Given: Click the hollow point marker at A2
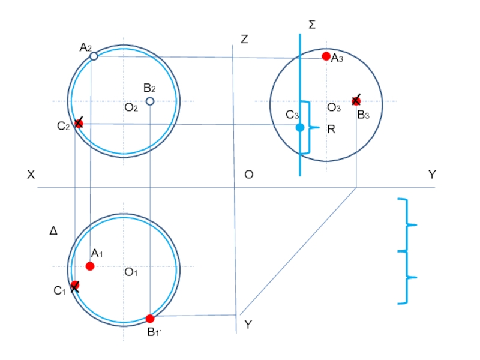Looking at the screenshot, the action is point(94,56).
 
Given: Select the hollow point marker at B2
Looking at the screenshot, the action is point(149,101).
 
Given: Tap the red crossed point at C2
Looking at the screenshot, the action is point(79,123).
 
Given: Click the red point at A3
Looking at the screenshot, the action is point(326,56).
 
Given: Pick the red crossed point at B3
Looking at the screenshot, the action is point(356,101).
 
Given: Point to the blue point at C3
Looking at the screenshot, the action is point(300,127).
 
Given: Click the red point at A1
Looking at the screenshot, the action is point(90,266).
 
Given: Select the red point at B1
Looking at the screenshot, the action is point(149,319).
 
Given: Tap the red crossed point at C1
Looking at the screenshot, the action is point(75,286).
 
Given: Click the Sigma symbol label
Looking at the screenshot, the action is point(312,25).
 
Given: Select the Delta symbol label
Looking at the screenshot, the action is point(53,230).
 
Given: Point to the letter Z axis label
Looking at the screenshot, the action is point(244,40).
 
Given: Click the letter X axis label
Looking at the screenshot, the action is point(31,175).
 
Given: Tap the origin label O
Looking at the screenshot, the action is point(249,175).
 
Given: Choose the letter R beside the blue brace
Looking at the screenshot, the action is point(331,130).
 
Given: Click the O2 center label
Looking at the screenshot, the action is point(131,107).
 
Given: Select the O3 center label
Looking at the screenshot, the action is point(334,107).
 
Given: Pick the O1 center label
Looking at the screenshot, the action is point(131,272).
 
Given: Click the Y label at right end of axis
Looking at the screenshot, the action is point(432,175).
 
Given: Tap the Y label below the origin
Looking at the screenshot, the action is point(248,324).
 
